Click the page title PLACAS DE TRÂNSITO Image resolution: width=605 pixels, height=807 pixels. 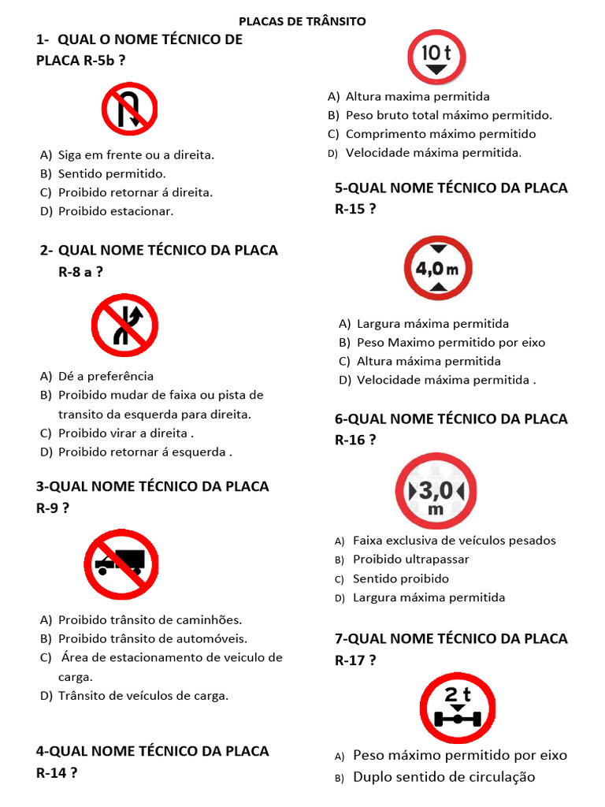click(x=302, y=21)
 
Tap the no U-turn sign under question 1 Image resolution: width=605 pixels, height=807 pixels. click(x=129, y=110)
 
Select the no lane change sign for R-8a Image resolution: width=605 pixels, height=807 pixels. click(x=124, y=325)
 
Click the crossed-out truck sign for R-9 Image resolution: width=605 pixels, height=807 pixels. click(x=121, y=564)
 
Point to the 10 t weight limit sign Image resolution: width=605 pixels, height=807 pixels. click(x=436, y=58)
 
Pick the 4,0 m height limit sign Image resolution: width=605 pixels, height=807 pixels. click(x=438, y=268)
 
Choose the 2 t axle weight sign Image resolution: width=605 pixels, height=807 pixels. click(x=457, y=708)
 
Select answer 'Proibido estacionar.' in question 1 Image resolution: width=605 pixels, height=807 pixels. click(x=116, y=211)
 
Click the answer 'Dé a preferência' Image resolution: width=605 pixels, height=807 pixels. click(x=106, y=376)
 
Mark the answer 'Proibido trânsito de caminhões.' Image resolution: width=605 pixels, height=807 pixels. click(x=150, y=619)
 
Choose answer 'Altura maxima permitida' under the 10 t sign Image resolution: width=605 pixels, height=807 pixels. click(x=418, y=96)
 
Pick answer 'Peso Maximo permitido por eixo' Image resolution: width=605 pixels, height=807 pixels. click(x=451, y=342)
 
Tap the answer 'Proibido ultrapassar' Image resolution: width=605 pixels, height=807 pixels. click(x=410, y=560)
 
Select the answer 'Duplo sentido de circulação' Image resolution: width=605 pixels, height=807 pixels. click(x=444, y=777)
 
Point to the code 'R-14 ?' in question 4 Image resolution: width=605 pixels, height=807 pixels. click(x=57, y=772)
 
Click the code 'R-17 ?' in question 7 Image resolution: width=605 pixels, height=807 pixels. click(x=355, y=660)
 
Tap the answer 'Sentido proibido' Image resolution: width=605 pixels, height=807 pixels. click(x=401, y=578)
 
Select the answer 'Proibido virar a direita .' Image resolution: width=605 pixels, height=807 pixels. click(x=126, y=433)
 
